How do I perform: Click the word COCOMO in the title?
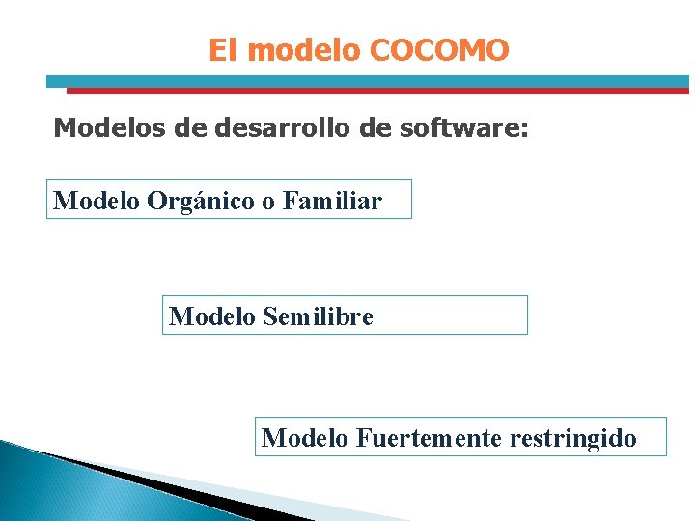[439, 50]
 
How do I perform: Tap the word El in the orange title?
[222, 50]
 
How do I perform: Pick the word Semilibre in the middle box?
[317, 316]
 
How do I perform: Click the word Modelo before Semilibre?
[211, 316]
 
